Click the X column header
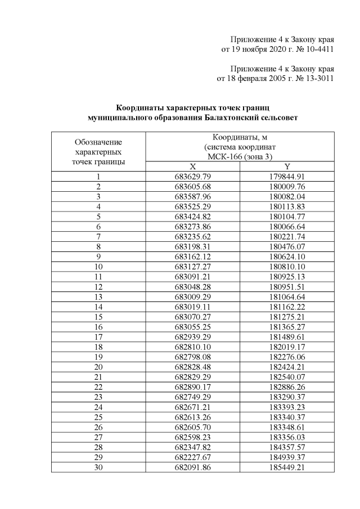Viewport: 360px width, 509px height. (192, 166)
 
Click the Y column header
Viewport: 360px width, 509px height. (287, 166)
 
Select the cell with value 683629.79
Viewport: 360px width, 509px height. (192, 177)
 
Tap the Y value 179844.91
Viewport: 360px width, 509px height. (287, 177)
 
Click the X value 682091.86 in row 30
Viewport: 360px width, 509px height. (192, 467)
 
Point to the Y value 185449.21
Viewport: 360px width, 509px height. (287, 467)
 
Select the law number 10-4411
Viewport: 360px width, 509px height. (317, 49)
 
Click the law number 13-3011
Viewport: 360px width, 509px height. (317, 78)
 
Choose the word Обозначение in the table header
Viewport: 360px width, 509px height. (98, 142)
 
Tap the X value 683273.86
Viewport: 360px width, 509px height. (192, 227)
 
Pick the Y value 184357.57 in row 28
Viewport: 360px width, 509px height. (287, 447)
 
